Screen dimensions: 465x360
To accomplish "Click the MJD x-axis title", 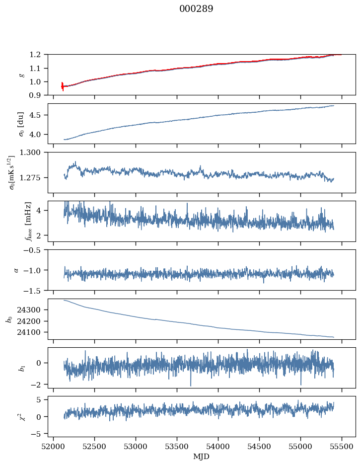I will (201, 456).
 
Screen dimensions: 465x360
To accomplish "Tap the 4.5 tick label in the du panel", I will (38, 115).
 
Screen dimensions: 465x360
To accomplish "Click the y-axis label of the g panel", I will (21, 75).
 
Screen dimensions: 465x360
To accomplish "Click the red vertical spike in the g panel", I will (63, 86).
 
